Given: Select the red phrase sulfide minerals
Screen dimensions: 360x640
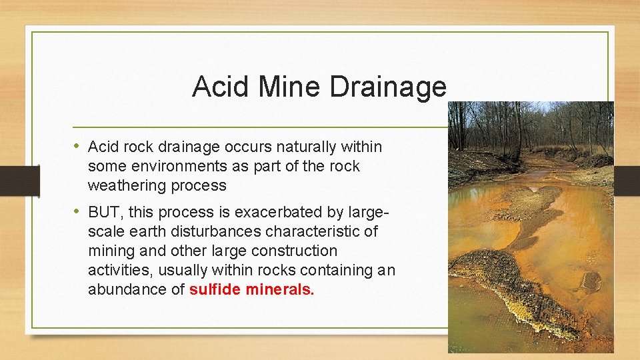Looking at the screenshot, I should click(x=252, y=290).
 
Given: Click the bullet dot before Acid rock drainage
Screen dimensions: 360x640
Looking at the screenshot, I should click(x=77, y=145).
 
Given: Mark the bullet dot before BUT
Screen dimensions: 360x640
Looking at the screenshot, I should click(x=77, y=212).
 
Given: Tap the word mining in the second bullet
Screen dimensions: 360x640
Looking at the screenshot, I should click(x=109, y=251).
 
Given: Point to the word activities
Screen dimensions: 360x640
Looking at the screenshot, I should click(x=117, y=271).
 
